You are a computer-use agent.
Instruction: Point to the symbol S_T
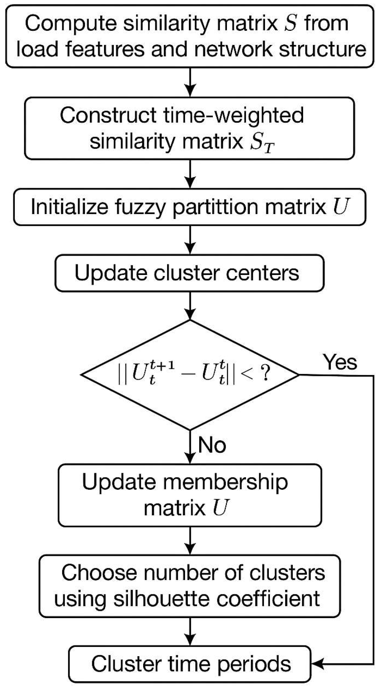[261, 143]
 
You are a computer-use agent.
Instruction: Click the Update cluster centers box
[189, 273]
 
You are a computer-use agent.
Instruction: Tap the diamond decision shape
[190, 375]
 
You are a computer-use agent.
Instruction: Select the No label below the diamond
[212, 444]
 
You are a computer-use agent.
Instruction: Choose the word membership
[225, 482]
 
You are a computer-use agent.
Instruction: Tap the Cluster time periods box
[190, 664]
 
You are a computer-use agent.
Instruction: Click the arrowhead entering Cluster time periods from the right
[316, 664]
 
